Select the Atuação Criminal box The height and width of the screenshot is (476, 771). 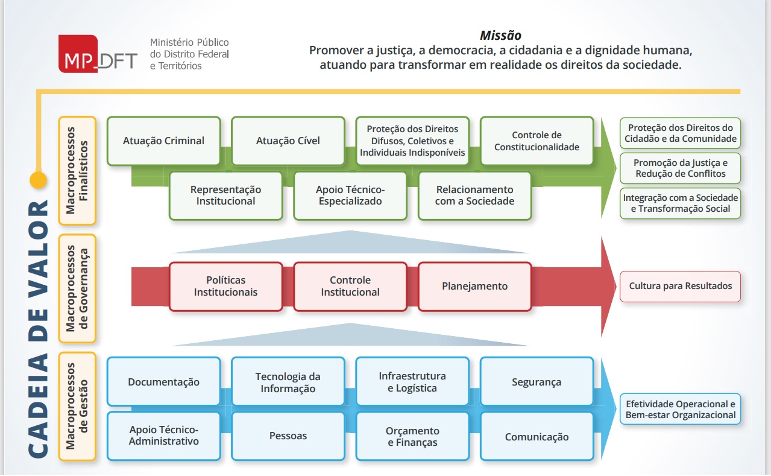coord(163,141)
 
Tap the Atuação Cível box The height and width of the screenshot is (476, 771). coord(288,141)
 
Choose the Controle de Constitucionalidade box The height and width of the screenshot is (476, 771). coord(537,141)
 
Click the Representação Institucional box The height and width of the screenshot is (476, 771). coord(226,195)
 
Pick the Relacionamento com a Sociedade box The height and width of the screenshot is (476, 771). coord(474,195)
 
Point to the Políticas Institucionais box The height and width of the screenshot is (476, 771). coord(226,287)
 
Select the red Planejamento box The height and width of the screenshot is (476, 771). coord(474,287)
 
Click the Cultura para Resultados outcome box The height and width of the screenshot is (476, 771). coord(680,286)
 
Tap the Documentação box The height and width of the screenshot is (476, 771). coord(163,382)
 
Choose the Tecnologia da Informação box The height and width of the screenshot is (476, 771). coord(288,382)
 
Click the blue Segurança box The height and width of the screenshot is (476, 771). coord(537,382)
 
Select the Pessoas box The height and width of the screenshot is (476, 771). coord(288,436)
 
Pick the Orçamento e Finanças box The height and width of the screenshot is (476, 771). coord(412,436)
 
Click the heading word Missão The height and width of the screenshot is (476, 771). coord(500,36)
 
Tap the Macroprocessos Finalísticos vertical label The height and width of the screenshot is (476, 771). coord(77,170)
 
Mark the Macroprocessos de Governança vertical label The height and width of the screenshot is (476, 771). coord(77,288)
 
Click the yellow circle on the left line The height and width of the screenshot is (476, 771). coord(38,180)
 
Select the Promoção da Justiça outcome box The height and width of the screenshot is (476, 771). coord(680,168)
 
